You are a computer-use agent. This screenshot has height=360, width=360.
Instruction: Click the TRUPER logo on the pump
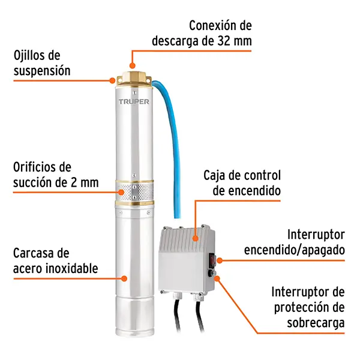134,101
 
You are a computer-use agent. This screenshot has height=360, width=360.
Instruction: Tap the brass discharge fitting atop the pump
134,79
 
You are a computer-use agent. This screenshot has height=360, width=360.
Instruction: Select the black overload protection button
211,273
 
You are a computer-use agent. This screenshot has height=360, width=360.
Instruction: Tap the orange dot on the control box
196,238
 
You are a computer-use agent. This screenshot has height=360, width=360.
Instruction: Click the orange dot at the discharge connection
132,65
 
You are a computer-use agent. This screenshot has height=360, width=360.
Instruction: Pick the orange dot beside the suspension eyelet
112,80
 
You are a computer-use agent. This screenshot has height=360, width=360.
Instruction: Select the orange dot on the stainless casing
124,279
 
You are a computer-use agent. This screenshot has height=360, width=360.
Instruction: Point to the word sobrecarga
316,323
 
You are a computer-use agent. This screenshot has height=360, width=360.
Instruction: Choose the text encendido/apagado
295,250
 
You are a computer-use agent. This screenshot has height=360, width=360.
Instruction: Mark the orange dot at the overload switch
217,278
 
